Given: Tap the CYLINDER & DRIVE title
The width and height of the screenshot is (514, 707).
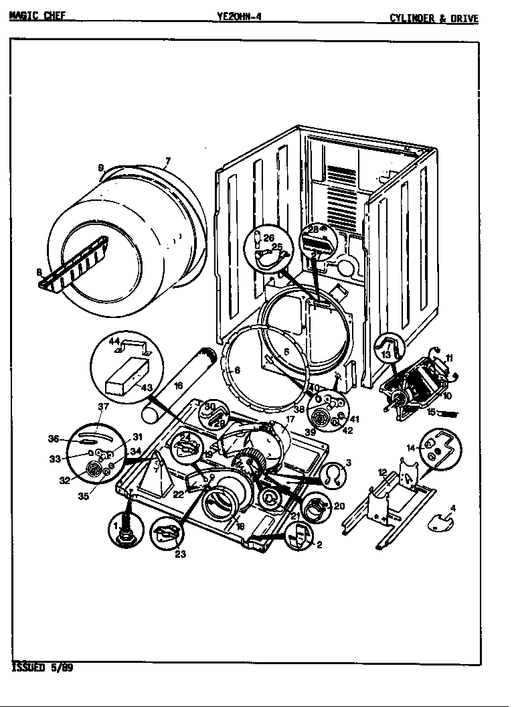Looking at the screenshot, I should coord(434,18).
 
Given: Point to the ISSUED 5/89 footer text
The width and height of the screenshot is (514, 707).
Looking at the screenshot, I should coord(42,667).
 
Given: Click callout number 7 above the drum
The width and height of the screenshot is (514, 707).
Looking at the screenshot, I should coord(168,161).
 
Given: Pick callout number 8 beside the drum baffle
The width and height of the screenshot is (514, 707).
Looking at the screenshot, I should coord(39,272).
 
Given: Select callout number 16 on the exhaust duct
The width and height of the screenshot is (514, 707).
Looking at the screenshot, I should coord(178,386).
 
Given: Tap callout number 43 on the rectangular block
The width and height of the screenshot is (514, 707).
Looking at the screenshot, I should coord(146,388).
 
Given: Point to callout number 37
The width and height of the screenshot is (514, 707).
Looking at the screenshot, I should coord(103,406).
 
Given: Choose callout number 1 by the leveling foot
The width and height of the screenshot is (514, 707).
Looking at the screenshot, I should coord(114,524).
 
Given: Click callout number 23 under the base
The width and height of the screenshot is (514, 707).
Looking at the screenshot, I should coord(180,553).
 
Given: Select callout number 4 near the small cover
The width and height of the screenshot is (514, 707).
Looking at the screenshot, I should coord(453,508).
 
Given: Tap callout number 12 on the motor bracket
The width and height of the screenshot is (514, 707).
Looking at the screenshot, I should coord(382,473).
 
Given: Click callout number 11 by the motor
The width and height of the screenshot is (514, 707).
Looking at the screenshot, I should coord(450,358).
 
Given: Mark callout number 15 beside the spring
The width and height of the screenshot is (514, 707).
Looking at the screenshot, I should coord(432,412).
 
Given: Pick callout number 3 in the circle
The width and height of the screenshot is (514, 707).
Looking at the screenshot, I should coord(348,463).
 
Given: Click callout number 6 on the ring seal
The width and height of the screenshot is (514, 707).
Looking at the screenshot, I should coord(237,369).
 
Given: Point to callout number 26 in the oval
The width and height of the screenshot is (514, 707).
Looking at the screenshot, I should coord(268,238).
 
